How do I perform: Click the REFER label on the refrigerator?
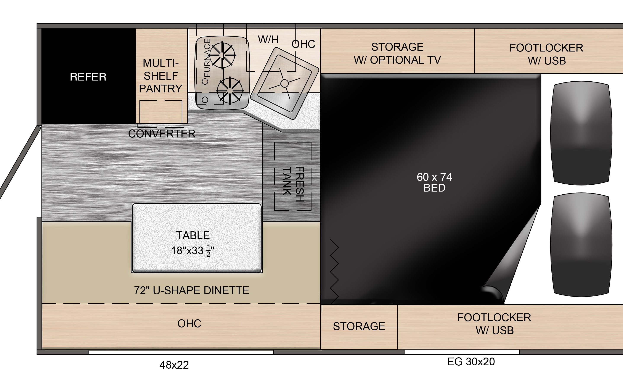[88, 77]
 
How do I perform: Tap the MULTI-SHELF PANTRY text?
[161, 76]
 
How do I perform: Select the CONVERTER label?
[162, 134]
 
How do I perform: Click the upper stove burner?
[222, 55]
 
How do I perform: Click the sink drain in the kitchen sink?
[285, 83]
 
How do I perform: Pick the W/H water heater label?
[268, 39]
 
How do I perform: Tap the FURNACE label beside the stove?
[207, 58]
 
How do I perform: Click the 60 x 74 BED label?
[434, 182]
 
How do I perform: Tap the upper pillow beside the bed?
[581, 133]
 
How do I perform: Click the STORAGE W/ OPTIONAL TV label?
[397, 53]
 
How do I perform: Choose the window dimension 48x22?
[174, 365]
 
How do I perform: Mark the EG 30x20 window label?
[471, 362]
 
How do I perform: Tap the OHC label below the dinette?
[189, 324]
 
